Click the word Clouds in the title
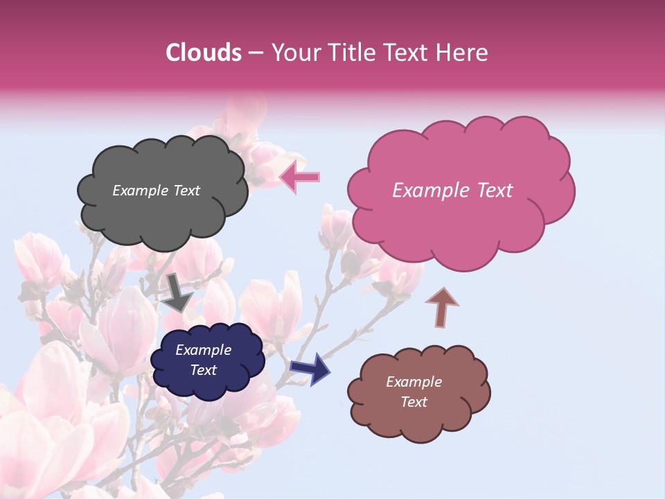[x=204, y=53]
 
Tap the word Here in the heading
[x=463, y=53]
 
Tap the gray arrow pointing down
[x=177, y=292]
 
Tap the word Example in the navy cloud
[x=203, y=350]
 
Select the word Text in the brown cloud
[x=414, y=402]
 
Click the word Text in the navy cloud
[x=203, y=370]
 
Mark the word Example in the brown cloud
[x=414, y=382]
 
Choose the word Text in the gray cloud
[x=186, y=191]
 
